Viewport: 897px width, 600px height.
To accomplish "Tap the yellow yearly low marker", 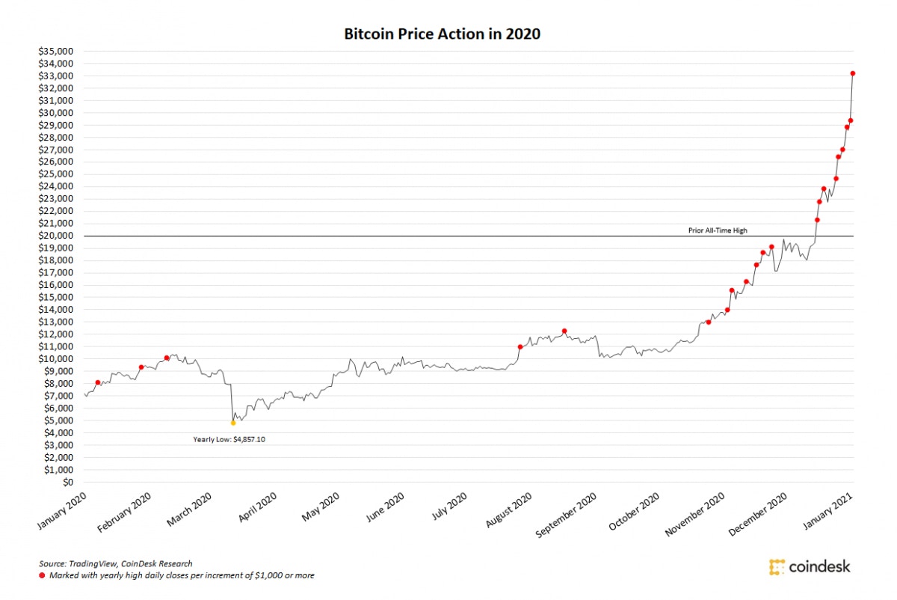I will tap(233, 423).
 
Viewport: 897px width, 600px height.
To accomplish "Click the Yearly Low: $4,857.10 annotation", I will tap(229, 440).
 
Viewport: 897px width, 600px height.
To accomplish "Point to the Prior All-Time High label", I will tap(717, 230).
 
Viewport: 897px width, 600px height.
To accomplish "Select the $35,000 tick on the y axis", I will tap(57, 52).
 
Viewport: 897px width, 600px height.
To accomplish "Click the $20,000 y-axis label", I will tap(57, 236).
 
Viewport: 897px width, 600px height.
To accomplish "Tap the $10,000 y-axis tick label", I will tap(57, 359).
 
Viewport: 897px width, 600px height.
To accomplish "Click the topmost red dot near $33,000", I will tap(853, 73).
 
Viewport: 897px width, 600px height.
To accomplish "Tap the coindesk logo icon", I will tap(777, 566).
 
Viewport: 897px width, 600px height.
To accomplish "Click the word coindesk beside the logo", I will tap(820, 566).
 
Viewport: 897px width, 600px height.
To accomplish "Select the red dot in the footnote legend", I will tap(43, 575).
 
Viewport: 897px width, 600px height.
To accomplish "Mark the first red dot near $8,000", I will tap(97, 382).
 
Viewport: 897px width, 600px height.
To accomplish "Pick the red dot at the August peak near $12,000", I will tap(564, 331).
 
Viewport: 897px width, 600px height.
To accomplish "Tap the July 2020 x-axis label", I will tap(449, 509).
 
